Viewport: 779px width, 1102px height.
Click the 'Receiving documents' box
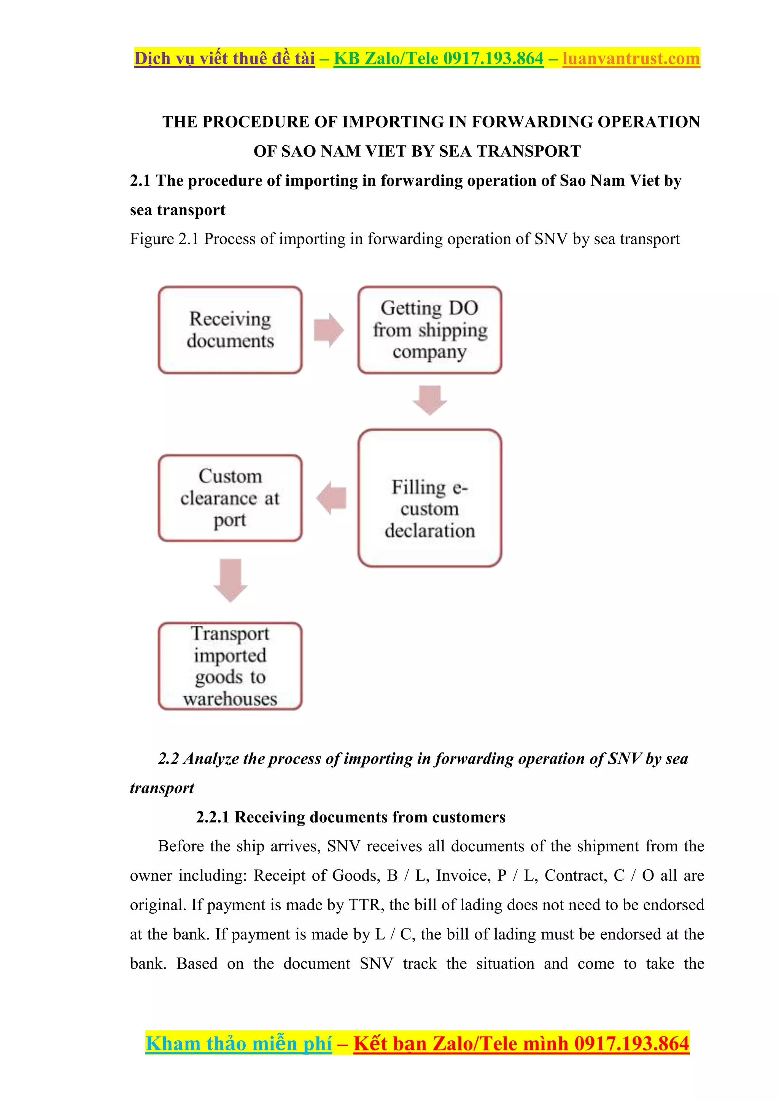tap(230, 330)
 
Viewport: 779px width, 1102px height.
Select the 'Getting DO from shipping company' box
tap(429, 330)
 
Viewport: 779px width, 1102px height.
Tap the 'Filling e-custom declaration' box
tap(429, 498)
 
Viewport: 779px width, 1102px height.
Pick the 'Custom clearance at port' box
tap(230, 498)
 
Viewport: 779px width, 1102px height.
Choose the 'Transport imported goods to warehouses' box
tap(230, 666)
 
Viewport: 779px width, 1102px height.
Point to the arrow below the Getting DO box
tap(429, 399)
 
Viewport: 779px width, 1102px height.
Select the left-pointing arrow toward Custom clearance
tap(331, 498)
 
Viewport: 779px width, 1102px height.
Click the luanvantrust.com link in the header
tap(631, 59)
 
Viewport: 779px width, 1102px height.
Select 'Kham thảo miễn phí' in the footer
tap(238, 1043)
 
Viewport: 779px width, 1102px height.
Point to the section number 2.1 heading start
tap(140, 181)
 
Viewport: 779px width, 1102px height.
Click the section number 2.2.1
tap(213, 817)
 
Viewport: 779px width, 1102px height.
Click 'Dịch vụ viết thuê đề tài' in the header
tap(224, 59)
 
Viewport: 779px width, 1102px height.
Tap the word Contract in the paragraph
tap(576, 875)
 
